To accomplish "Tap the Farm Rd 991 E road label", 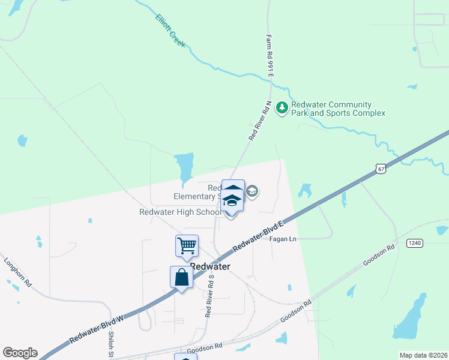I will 270,55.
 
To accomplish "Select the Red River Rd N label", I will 261,121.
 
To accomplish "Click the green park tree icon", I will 282,109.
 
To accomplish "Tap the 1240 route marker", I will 414,242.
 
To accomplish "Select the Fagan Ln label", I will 283,239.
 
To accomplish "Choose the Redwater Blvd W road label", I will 96,329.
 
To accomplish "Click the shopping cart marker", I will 187,245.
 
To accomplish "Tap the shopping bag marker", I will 181,278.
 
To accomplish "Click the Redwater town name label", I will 210,266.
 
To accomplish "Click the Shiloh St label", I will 112,347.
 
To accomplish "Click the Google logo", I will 20,353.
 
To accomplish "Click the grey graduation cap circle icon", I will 252,191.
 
